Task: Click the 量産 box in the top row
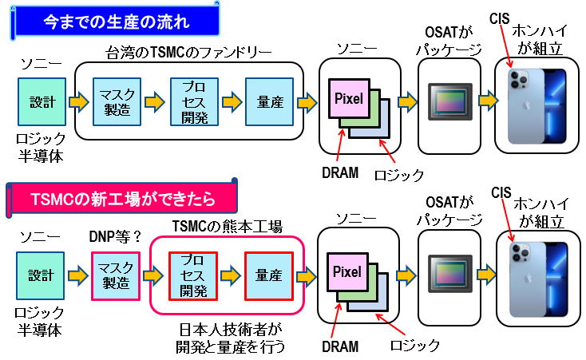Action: click(267, 102)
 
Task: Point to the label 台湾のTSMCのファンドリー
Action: click(188, 53)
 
